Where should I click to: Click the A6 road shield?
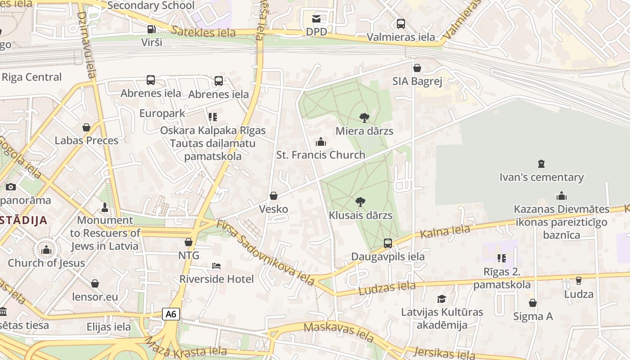pos(171,314)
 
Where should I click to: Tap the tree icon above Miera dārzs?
pos(364,118)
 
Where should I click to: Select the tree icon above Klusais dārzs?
pos(360,202)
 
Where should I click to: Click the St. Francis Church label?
pos(320,155)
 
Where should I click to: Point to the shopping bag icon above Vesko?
pos(273,196)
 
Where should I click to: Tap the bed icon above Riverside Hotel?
pos(216,266)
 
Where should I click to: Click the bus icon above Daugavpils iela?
pos(388,243)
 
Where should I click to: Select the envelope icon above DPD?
pos(316,19)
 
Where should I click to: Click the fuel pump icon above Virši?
pos(152,29)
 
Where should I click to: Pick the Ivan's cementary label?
pos(541,177)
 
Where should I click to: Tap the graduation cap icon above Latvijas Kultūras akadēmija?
pos(442,299)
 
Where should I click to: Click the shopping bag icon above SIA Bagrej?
pos(417,68)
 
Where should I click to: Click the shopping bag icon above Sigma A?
pos(533,303)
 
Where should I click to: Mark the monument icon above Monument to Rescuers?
pos(105,207)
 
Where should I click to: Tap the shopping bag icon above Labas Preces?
pos(86,127)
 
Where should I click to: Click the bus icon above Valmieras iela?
pos(400,24)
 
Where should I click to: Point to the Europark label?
pos(162,113)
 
